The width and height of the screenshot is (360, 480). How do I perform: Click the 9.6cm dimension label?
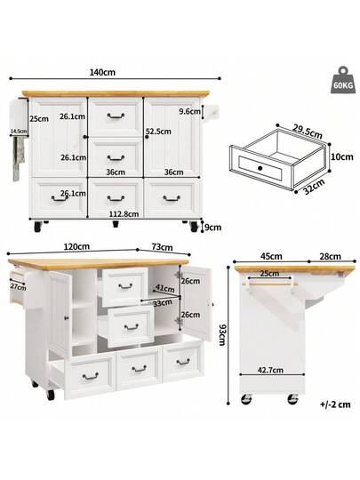(x=188, y=112)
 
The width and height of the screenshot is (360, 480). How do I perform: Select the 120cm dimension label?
(x=76, y=246)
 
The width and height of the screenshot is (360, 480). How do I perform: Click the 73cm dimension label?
(x=162, y=246)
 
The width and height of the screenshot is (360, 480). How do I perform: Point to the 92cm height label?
(x=221, y=337)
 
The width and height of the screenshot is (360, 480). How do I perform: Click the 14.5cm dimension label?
(x=18, y=132)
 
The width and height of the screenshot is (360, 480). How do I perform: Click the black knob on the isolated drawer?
(x=260, y=167)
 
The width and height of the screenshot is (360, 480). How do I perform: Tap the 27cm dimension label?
(x=15, y=287)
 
